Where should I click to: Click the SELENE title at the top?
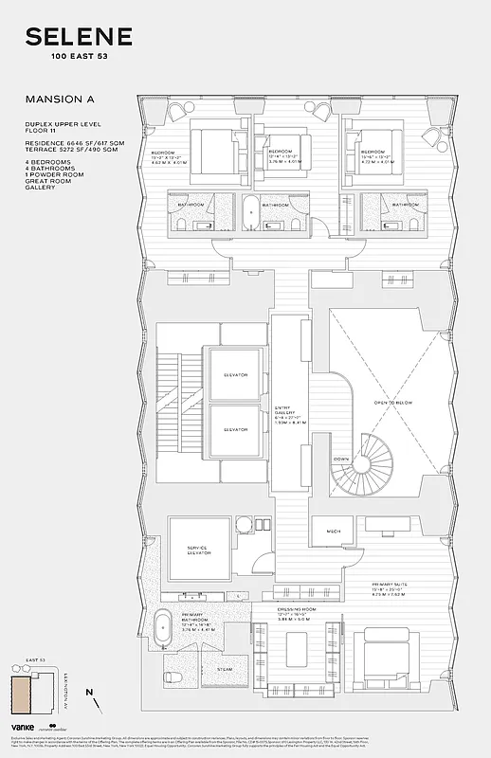pos(79,38)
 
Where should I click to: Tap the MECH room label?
pos(335,531)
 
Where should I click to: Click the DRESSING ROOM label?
pos(292,612)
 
